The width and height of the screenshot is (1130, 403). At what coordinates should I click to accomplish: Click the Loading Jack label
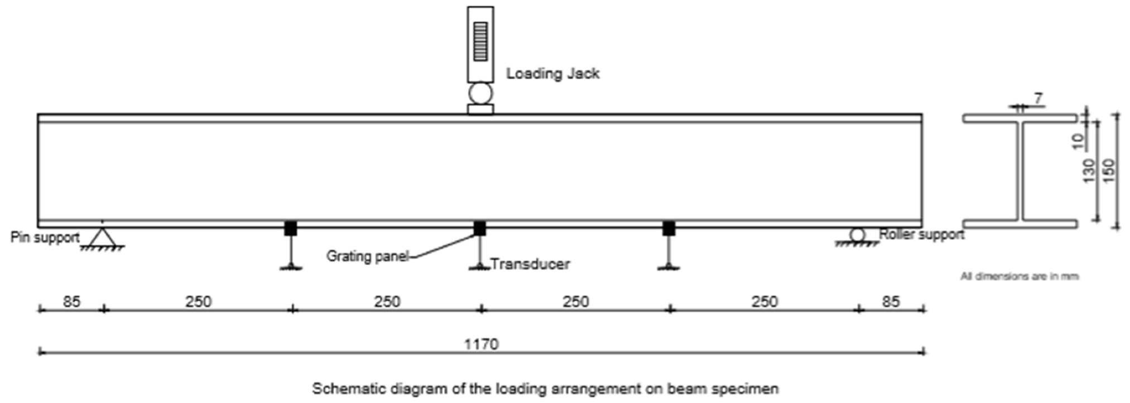552,74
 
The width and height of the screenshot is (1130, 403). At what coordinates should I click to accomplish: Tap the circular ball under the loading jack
480,93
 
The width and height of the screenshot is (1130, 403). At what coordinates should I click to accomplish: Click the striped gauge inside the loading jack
480,41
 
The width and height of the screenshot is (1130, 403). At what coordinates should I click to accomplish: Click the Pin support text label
45,238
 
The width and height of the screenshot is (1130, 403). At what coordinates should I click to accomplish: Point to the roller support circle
857,235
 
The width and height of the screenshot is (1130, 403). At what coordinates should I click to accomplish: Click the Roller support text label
921,234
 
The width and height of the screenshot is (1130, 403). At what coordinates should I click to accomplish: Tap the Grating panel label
367,256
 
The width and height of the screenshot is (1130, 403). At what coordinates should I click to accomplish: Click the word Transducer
530,264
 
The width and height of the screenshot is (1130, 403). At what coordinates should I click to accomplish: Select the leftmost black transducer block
291,228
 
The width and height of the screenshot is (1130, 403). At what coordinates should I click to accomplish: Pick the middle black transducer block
479,228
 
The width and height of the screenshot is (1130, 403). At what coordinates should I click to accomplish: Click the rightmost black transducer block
669,228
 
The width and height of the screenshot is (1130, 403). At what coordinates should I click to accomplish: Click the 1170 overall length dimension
481,344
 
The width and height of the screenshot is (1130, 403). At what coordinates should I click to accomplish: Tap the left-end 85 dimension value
71,302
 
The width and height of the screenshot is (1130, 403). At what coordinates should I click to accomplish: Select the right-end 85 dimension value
891,302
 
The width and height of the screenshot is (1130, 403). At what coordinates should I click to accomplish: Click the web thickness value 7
1038,99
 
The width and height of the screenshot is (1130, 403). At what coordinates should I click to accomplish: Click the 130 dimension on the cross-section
1089,170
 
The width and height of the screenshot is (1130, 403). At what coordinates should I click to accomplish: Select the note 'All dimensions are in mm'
1019,276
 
